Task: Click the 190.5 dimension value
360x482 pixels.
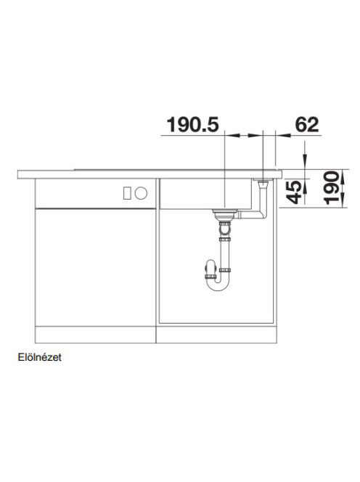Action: click(193, 124)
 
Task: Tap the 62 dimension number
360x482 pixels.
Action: click(306, 124)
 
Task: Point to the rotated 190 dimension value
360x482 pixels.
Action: click(332, 188)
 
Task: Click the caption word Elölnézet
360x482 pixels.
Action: click(40, 357)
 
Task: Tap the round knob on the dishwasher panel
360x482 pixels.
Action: click(141, 193)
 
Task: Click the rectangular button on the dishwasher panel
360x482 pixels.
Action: click(127, 193)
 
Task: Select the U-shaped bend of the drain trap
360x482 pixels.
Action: click(217, 283)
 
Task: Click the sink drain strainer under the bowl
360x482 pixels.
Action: click(225, 214)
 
